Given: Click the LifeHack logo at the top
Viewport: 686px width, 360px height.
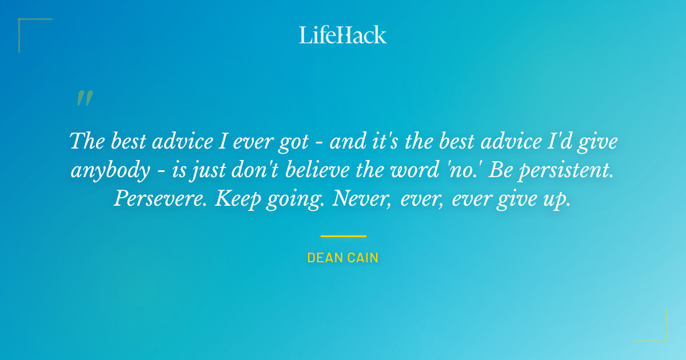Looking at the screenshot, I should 343,35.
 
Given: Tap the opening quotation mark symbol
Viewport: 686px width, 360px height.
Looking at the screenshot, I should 84,99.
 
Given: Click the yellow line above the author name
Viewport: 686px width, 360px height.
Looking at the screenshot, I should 343,236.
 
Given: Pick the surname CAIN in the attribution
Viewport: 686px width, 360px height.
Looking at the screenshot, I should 362,258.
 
